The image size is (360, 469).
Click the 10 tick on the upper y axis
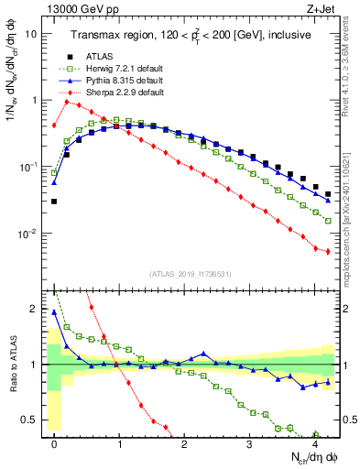31,33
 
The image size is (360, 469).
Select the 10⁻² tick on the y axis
28,234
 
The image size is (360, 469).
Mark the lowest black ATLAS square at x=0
54,201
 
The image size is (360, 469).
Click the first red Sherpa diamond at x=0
54,125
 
